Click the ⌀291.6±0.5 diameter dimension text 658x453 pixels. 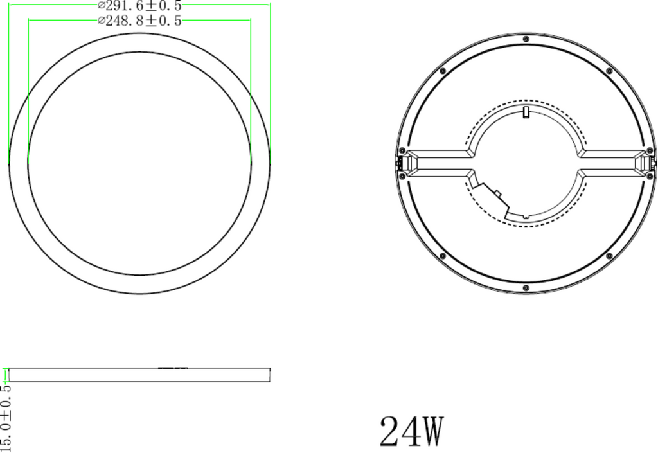pyautogui.click(x=139, y=6)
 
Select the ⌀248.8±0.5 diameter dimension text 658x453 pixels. pyautogui.click(x=139, y=21)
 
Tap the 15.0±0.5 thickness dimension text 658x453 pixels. pyautogui.click(x=6, y=418)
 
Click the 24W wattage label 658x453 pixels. pyautogui.click(x=412, y=431)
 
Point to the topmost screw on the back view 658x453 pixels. pyautogui.click(x=526, y=40)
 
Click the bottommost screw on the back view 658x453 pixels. pyautogui.click(x=526, y=287)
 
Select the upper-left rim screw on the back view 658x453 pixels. pyautogui.click(x=443, y=70)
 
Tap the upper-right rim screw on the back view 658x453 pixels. pyautogui.click(x=609, y=70)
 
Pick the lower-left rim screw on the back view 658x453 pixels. pyautogui.click(x=443, y=256)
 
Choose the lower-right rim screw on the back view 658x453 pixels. pyautogui.click(x=609, y=256)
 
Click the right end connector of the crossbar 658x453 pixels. pyautogui.click(x=651, y=164)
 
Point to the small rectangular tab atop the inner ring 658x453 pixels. pyautogui.click(x=526, y=113)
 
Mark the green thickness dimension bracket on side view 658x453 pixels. pyautogui.click(x=6, y=374)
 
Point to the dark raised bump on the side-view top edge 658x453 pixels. pyautogui.click(x=172, y=368)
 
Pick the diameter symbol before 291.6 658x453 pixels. pyautogui.click(x=102, y=6)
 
